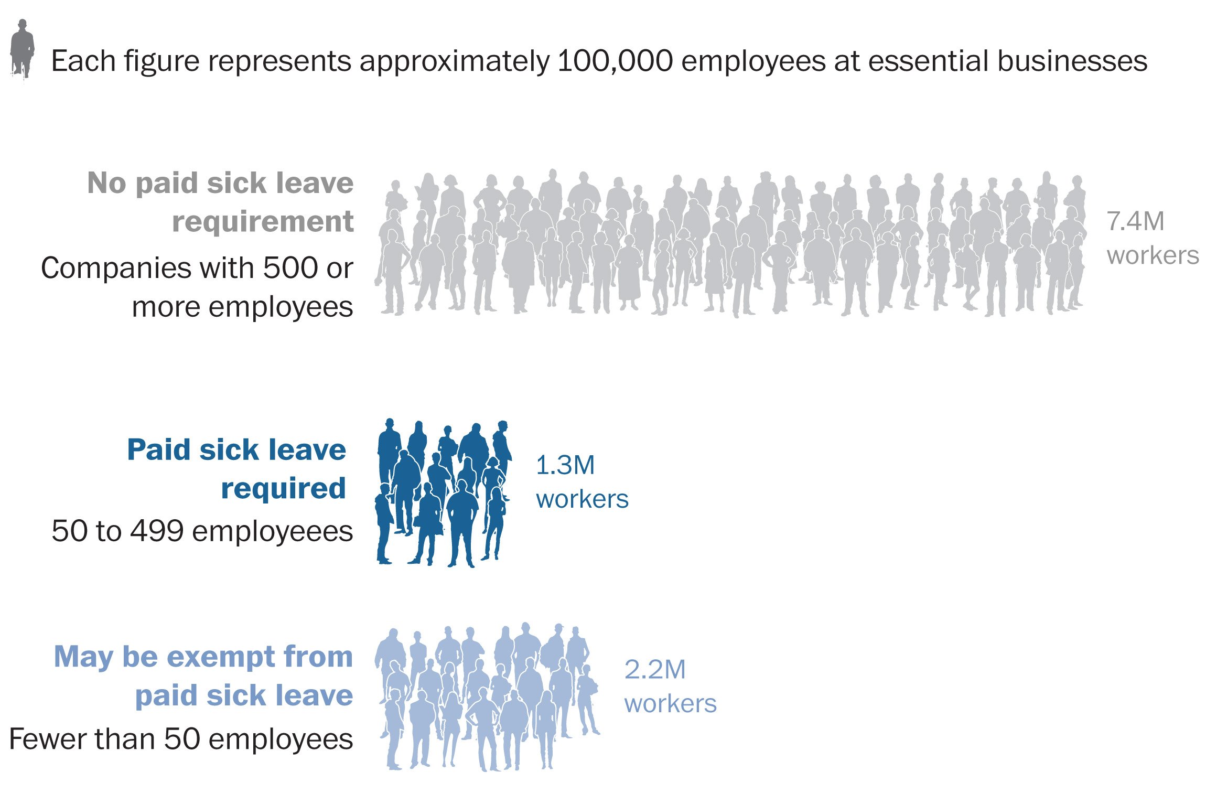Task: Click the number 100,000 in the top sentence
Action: click(x=615, y=61)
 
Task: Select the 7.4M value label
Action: click(x=1135, y=221)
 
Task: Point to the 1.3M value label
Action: click(x=565, y=465)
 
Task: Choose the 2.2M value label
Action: click(x=654, y=670)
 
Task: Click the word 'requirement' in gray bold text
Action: click(x=263, y=222)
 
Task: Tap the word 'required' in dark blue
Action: click(x=283, y=489)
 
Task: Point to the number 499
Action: click(x=157, y=531)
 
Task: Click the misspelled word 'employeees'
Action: click(x=273, y=532)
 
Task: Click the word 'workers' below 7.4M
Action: click(x=1153, y=256)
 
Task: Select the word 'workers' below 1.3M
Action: click(x=582, y=499)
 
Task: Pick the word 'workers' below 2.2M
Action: click(x=670, y=704)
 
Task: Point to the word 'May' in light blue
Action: click(x=83, y=658)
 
